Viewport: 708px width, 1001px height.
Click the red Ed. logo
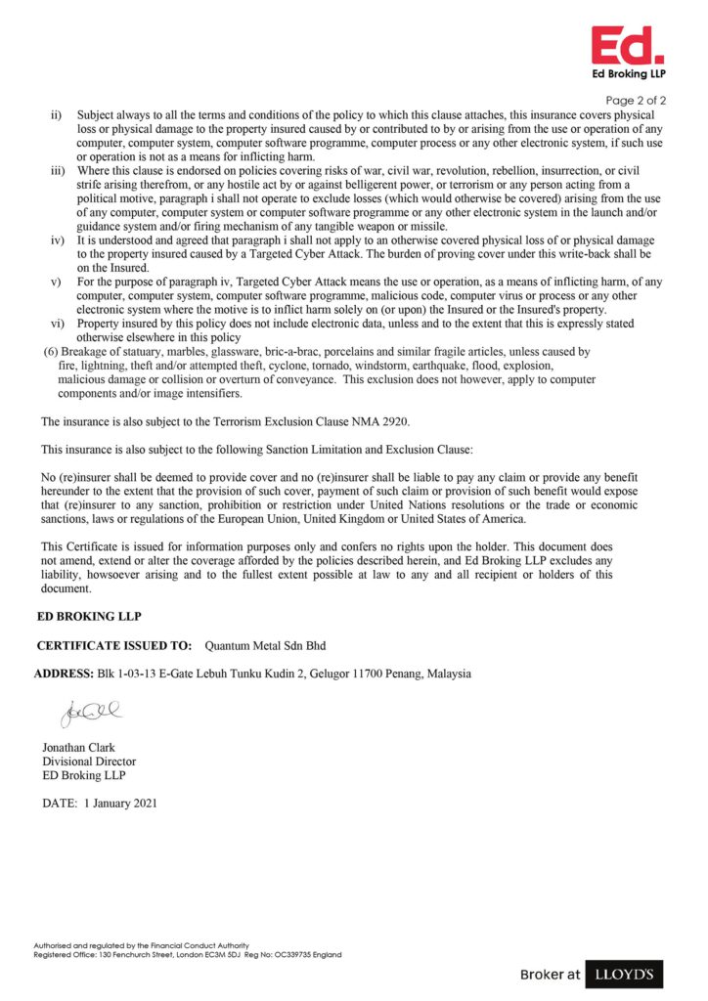click(x=627, y=45)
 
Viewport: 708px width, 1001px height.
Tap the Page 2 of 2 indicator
click(x=637, y=100)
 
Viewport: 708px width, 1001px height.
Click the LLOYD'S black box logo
click(x=626, y=974)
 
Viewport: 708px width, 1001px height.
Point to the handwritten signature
click(x=91, y=715)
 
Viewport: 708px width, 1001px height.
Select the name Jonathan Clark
click(x=78, y=748)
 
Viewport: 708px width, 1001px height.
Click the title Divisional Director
click(x=89, y=762)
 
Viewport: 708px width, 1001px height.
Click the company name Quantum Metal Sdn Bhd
click(x=265, y=646)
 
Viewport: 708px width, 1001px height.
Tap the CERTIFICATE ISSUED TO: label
click(x=114, y=646)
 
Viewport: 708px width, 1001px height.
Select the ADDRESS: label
click(x=64, y=674)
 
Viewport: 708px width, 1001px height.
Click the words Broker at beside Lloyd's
click(x=550, y=975)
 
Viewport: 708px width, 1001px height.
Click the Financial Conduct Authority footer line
click(x=141, y=945)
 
